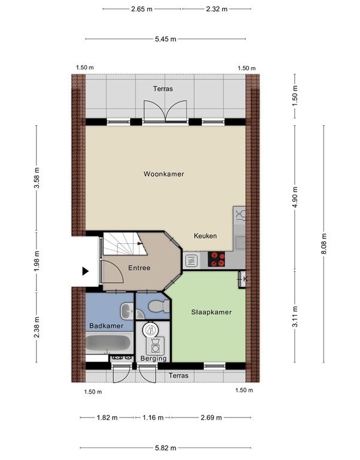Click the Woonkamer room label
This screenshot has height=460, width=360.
(x=164, y=174)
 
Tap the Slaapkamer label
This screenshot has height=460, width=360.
(x=211, y=312)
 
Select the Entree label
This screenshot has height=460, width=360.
(x=140, y=268)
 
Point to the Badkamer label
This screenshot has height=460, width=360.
(x=106, y=326)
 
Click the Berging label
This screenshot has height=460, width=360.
(x=153, y=358)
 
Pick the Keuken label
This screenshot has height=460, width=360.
(x=205, y=236)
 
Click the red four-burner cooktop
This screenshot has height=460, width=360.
(x=216, y=259)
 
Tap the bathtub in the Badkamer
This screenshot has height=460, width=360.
(x=109, y=343)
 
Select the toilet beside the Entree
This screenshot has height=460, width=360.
(x=159, y=307)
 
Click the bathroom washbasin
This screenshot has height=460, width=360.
(x=127, y=311)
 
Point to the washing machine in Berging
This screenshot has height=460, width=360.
(x=155, y=346)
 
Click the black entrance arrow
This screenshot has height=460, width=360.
(x=86, y=271)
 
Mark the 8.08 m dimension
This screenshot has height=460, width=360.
(x=323, y=244)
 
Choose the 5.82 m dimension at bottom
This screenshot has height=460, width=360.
(x=165, y=447)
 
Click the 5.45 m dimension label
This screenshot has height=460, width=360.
(x=165, y=39)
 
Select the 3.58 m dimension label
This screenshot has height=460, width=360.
(x=37, y=178)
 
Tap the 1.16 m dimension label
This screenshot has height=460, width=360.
(x=153, y=417)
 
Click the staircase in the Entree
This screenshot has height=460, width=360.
(x=125, y=244)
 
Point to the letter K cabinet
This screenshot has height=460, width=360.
(x=243, y=279)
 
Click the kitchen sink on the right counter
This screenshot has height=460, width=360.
(x=240, y=243)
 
